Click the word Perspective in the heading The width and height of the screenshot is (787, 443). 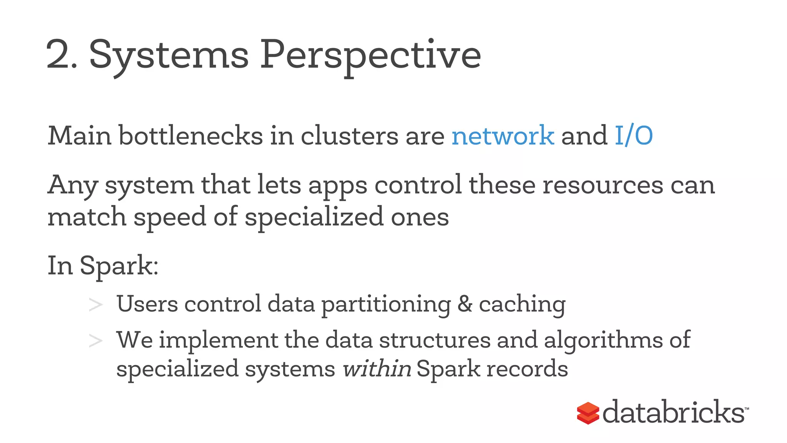(x=370, y=56)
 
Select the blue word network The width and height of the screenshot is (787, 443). (x=503, y=136)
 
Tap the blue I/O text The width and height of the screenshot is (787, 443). (x=634, y=136)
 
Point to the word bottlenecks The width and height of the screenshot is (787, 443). (x=191, y=136)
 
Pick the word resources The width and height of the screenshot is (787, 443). (x=603, y=185)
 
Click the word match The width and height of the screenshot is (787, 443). (x=87, y=217)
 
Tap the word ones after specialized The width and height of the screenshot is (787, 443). (x=420, y=217)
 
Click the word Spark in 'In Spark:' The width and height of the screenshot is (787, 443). (x=118, y=266)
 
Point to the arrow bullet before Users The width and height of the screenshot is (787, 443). (x=95, y=305)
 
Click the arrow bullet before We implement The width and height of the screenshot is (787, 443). (x=95, y=341)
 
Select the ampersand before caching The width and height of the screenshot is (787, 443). (x=465, y=304)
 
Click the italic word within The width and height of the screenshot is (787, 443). (x=377, y=369)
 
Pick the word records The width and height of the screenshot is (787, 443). (x=527, y=369)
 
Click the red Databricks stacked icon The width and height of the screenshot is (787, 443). (x=588, y=413)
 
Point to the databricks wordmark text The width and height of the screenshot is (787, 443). (x=673, y=413)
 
